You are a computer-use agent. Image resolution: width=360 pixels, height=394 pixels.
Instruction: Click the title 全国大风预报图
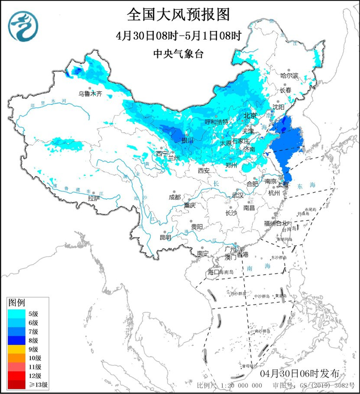[x=178, y=14]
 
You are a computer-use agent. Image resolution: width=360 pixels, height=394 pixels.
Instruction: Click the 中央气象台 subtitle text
[x=178, y=53]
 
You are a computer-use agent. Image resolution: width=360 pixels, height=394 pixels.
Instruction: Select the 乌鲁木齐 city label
[x=90, y=93]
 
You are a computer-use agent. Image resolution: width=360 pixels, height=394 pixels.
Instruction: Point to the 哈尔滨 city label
[x=289, y=75]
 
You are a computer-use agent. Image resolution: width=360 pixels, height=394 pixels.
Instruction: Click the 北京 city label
[x=250, y=116]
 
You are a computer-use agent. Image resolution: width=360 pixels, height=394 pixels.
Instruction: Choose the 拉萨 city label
[x=94, y=198]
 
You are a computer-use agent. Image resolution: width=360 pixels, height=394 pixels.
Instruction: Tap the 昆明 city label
[x=165, y=237]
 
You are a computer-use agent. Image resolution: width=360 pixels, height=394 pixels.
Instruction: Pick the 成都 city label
[x=174, y=197]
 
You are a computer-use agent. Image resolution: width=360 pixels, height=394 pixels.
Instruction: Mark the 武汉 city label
[x=238, y=195]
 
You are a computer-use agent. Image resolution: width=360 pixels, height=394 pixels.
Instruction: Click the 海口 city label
[x=213, y=271]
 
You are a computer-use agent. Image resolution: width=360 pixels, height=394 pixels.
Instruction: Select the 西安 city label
[x=204, y=170]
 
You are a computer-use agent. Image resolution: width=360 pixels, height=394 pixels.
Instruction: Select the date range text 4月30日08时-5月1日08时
[x=178, y=35]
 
